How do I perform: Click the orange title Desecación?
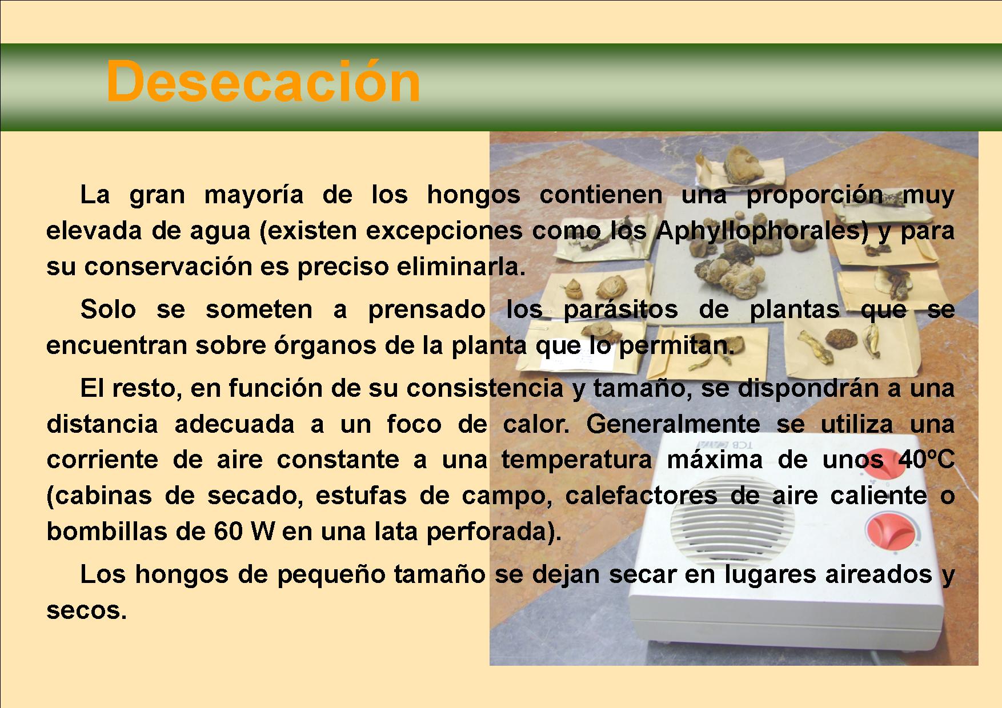[263, 82]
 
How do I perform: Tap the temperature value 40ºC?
[920, 460]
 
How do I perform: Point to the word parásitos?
[620, 309]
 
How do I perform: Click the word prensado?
[427, 309]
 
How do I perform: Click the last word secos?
[86, 611]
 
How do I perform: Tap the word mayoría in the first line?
[254, 196]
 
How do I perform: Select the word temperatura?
[576, 460]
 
